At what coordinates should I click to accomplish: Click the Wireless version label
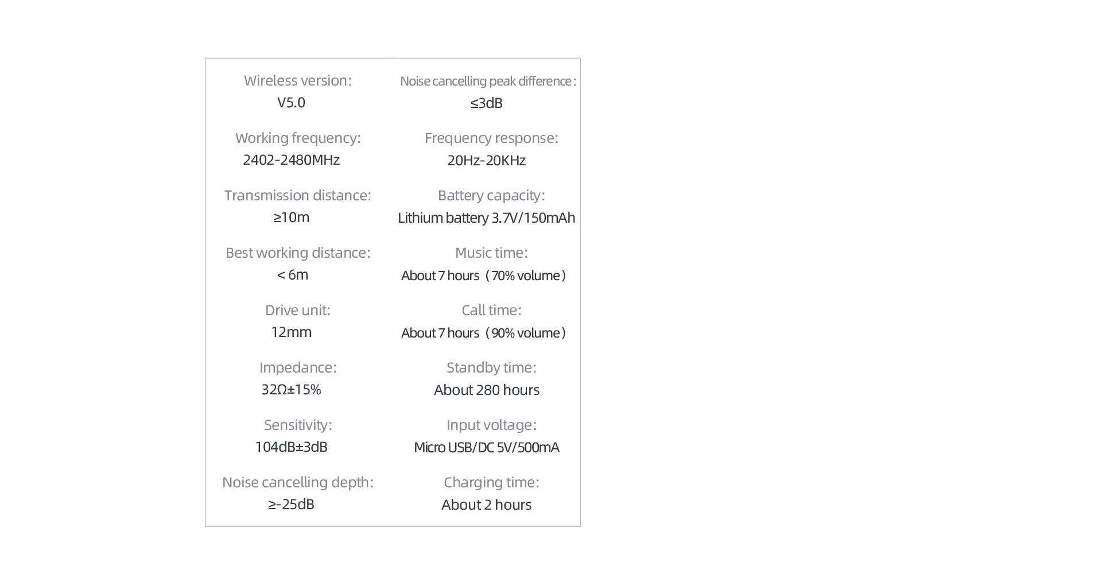(x=298, y=80)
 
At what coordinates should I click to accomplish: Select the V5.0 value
(x=291, y=103)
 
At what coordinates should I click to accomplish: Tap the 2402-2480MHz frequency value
(x=291, y=160)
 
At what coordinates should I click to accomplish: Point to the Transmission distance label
(x=298, y=195)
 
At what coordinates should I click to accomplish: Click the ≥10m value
(x=291, y=218)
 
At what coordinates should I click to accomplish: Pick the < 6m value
(x=293, y=275)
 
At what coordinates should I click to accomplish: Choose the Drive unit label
(x=298, y=310)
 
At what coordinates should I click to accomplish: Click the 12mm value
(x=291, y=332)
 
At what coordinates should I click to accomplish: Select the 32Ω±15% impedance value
(x=291, y=390)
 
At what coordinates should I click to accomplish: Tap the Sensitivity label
(x=298, y=425)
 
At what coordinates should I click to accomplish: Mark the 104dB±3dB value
(x=291, y=447)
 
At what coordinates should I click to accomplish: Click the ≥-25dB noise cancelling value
(x=291, y=505)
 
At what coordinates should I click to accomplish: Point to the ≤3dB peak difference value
(x=487, y=103)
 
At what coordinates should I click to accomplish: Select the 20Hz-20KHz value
(x=487, y=161)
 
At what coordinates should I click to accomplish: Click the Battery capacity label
(x=491, y=195)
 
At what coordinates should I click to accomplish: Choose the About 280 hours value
(x=487, y=390)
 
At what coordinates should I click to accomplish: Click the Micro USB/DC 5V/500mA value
(x=487, y=448)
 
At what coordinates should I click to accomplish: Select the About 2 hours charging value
(x=487, y=505)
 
